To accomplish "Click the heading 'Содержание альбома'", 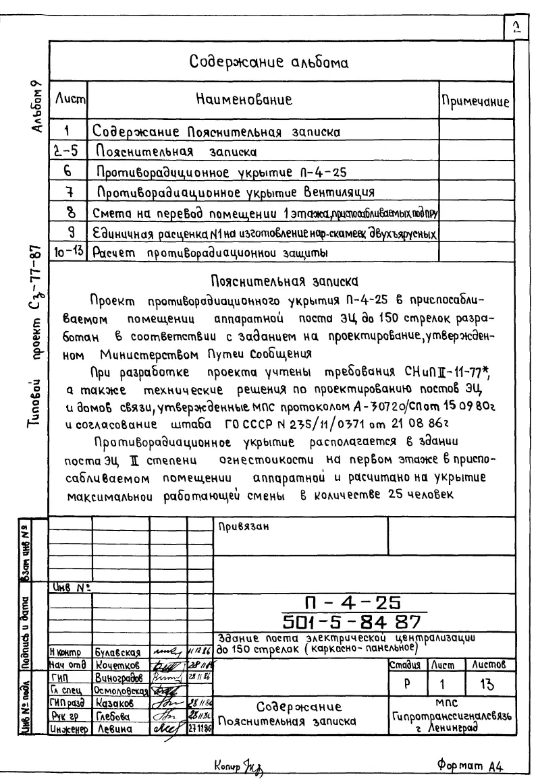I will (x=277, y=63).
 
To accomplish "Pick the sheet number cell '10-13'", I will (x=70, y=254).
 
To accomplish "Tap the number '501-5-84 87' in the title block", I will (x=351, y=618).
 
